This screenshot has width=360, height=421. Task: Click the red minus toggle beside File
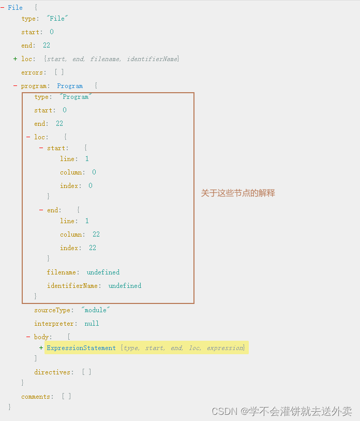[3, 8]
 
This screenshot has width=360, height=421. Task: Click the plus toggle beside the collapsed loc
[16, 59]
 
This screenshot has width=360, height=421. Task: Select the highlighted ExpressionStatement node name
[81, 348]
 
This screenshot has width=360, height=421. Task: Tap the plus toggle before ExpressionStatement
[41, 348]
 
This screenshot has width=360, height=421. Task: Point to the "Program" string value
[76, 97]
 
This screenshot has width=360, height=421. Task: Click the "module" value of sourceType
[96, 310]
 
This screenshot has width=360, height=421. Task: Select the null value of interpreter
[92, 324]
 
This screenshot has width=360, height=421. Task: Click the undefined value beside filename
[103, 272]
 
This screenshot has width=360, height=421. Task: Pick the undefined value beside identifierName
[125, 286]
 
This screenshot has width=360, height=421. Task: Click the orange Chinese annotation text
[238, 193]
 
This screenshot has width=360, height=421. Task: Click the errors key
[34, 72]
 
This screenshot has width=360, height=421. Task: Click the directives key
[53, 372]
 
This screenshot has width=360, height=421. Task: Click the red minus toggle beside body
[28, 337]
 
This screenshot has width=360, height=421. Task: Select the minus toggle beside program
[16, 86]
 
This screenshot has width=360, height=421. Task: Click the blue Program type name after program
[70, 86]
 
